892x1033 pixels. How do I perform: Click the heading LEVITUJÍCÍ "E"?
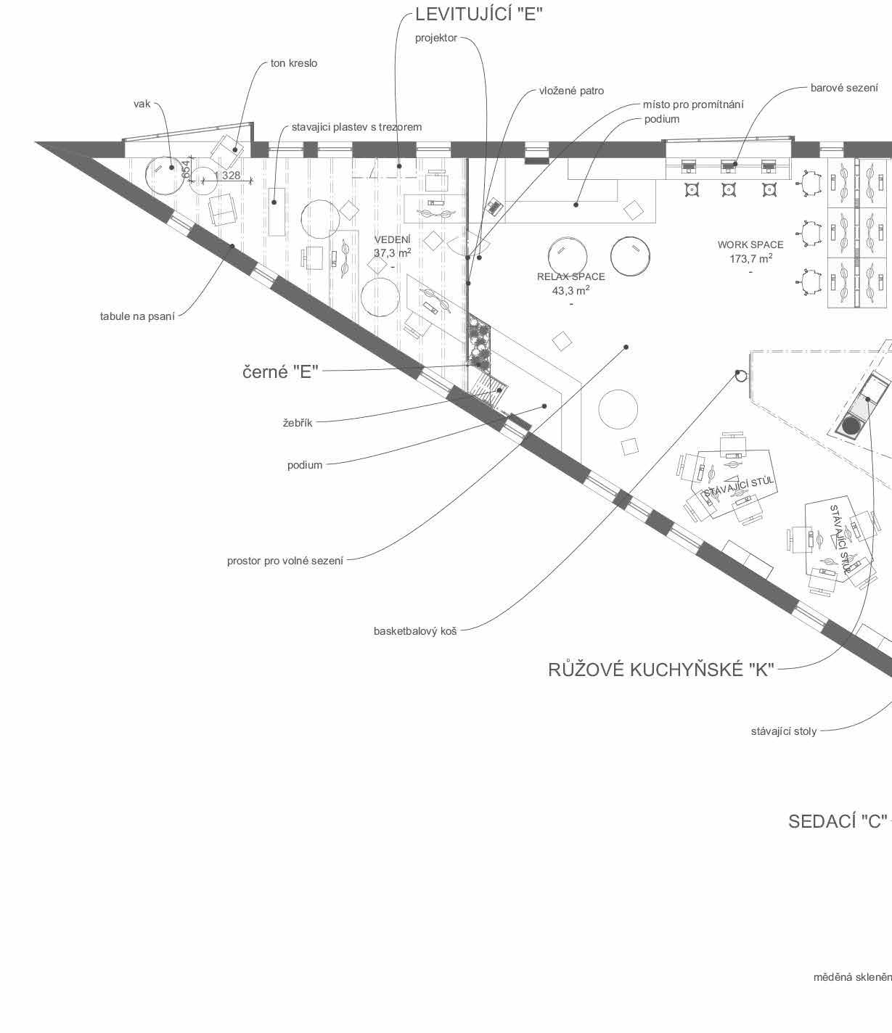coord(478,14)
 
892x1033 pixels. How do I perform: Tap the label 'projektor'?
coord(436,38)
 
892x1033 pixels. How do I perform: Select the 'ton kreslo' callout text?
coord(294,63)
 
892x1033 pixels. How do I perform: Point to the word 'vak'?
coord(142,104)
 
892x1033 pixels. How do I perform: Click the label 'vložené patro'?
coord(571,91)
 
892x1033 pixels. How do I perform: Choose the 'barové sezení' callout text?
coord(844,88)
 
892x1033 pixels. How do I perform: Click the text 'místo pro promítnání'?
coord(693,104)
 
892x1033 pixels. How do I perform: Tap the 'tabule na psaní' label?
coord(137,316)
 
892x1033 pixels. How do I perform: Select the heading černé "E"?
coord(280,372)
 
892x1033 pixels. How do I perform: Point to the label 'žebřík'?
coord(298,422)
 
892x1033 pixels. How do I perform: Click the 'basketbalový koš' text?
coord(415,631)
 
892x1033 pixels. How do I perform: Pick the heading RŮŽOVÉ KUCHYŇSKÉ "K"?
coord(661,670)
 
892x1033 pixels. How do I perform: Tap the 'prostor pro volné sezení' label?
coord(285,561)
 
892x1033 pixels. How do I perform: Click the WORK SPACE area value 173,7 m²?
coord(750,258)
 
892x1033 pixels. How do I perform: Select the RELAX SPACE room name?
coord(570,276)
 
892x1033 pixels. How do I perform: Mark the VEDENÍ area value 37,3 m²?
coord(392,253)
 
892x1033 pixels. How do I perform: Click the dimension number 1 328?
coord(227,176)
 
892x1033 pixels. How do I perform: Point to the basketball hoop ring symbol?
coord(740,375)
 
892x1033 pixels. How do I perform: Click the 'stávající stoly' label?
coord(783,731)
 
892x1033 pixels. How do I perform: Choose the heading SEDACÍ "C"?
coord(838,821)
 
